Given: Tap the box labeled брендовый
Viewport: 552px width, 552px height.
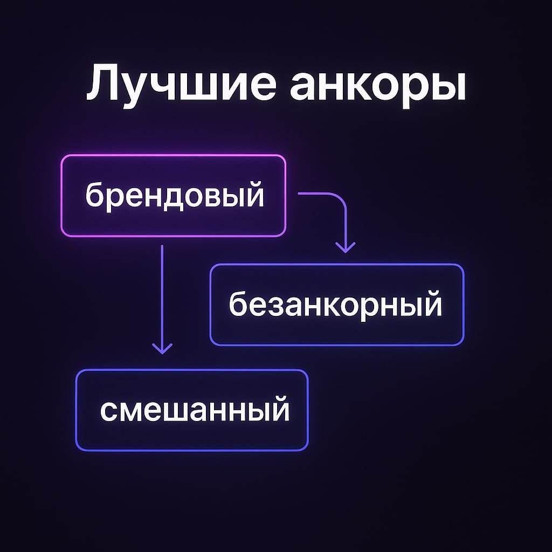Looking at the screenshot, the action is (173, 196).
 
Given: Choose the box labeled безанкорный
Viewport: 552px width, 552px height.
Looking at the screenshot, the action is (336, 305).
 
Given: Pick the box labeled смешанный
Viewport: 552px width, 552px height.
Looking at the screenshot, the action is (192, 410).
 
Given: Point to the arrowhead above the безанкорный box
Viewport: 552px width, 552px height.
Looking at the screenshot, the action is (345, 247).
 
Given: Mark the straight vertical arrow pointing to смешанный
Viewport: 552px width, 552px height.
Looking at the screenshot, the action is (162, 296).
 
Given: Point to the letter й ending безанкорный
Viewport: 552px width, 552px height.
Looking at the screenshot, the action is (431, 303).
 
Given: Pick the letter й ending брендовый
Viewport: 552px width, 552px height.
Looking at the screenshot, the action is (253, 195).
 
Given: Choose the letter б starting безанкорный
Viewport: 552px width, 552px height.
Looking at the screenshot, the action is (238, 303).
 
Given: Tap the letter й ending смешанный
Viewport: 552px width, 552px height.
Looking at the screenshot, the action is (279, 410).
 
